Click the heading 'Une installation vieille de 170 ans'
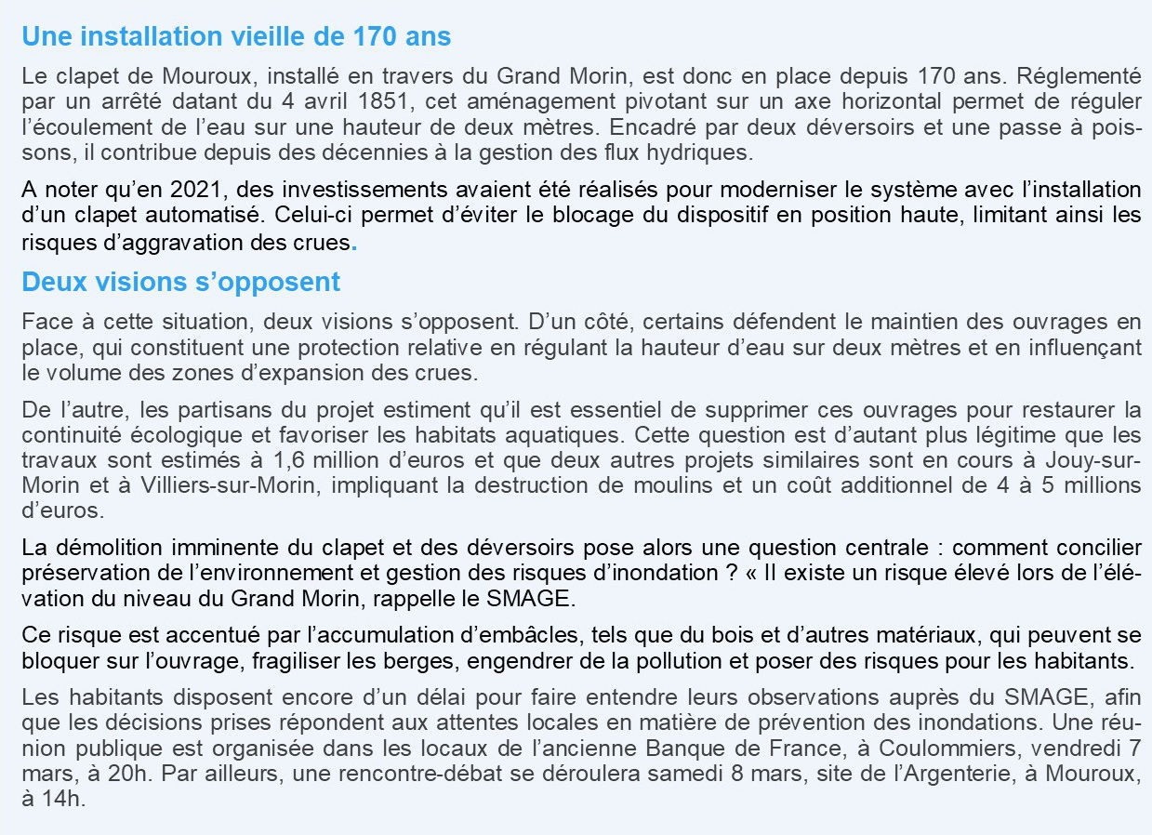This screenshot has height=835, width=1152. coord(236,37)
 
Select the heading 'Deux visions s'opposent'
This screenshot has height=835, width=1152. coord(180,281)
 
